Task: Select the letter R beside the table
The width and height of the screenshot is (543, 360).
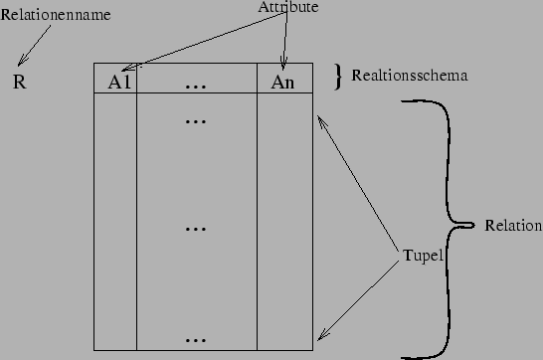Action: (19, 82)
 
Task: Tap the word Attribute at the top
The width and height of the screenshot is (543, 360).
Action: (288, 7)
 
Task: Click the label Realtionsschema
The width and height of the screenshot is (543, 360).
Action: (410, 75)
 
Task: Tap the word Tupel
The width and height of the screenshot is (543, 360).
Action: (424, 254)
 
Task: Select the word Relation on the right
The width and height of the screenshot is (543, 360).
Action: (513, 227)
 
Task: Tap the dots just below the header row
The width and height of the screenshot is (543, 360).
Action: (196, 121)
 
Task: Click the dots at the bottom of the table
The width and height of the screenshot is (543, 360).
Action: (196, 339)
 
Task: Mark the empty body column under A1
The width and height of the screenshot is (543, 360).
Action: (114, 219)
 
